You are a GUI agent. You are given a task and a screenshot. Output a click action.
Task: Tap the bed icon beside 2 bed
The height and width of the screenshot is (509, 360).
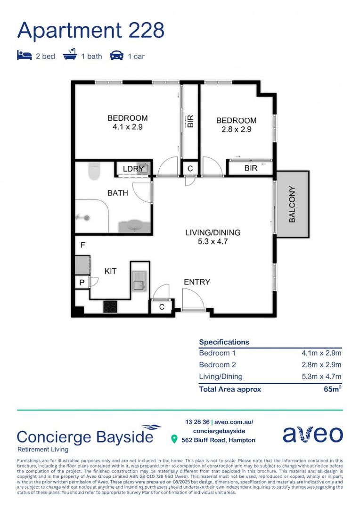pyautogui.click(x=24, y=56)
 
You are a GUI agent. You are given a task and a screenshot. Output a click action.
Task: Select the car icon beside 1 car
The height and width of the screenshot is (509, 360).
pyautogui.click(x=116, y=56)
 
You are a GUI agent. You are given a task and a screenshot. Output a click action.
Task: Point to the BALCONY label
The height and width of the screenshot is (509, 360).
pyautogui.click(x=292, y=205)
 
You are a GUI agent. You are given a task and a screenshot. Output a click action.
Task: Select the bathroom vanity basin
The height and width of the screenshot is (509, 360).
pyautogui.click(x=134, y=225)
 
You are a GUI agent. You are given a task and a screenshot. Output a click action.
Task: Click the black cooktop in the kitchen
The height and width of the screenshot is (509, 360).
pyautogui.click(x=110, y=306)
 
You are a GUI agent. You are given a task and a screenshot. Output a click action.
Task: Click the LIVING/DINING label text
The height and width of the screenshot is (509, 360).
pyautogui.click(x=213, y=233)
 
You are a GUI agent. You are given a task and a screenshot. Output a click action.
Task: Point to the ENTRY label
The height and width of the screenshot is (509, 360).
pyautogui.click(x=197, y=282)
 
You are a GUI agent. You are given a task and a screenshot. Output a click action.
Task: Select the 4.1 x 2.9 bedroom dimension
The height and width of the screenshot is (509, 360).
pyautogui.click(x=127, y=127)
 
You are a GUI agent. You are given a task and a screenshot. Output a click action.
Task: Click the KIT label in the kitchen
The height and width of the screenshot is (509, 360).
pyautogui.click(x=110, y=271)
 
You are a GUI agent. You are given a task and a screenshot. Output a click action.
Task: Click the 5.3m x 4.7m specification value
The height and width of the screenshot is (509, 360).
pyautogui.click(x=321, y=376)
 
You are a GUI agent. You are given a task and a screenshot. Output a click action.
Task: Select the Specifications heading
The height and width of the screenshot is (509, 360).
pyautogui.click(x=224, y=342)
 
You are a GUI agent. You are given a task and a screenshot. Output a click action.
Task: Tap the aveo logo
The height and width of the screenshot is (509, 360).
pyautogui.click(x=312, y=435)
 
